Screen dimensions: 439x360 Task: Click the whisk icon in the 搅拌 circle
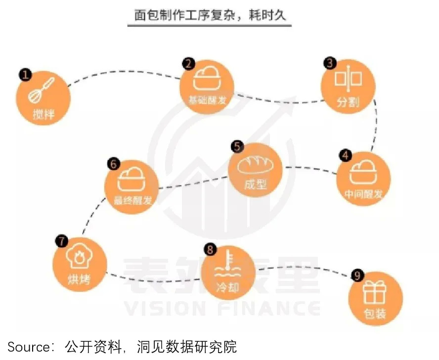click(x=41, y=91)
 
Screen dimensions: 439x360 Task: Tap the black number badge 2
click(x=189, y=64)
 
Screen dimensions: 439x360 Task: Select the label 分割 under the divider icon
click(x=348, y=102)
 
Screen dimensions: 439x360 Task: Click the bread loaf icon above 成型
click(x=255, y=165)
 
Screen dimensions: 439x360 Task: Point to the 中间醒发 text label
click(x=363, y=194)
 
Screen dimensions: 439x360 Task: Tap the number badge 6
click(x=114, y=164)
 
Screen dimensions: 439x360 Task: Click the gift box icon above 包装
click(x=375, y=292)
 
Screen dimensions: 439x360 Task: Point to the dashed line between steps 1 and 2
click(x=125, y=73)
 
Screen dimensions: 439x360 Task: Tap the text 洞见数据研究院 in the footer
click(x=187, y=347)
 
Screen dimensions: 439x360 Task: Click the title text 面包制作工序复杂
click(x=184, y=15)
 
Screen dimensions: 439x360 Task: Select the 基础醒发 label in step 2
click(x=207, y=100)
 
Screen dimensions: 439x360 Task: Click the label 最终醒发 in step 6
click(x=132, y=200)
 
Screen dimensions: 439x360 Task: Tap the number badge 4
click(x=345, y=156)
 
